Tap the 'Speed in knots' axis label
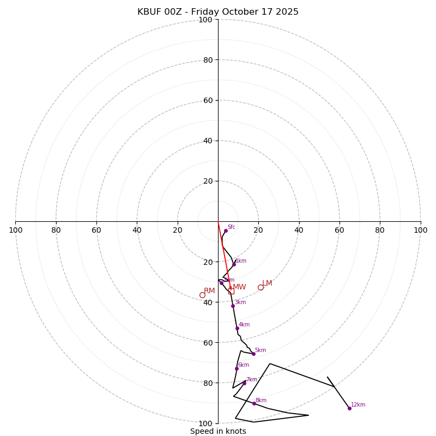pos(218,431)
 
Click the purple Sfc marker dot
pos(226,231)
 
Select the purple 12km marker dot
pos(349,408)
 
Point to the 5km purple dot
pos(253,354)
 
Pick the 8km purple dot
pos(254,403)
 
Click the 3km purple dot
pos(233,306)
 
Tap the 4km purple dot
pos(237,328)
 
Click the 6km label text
pos(243,365)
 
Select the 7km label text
pos(251,380)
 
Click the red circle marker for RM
pos(202,295)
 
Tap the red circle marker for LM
pos(261,287)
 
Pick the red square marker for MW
pos(231,291)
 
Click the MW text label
pos(239,287)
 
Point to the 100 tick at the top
pos(205,20)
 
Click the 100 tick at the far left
pos(15,230)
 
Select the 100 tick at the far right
pos(420,230)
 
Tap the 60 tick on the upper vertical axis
pos(208,100)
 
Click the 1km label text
pos(240,261)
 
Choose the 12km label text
pos(358,405)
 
